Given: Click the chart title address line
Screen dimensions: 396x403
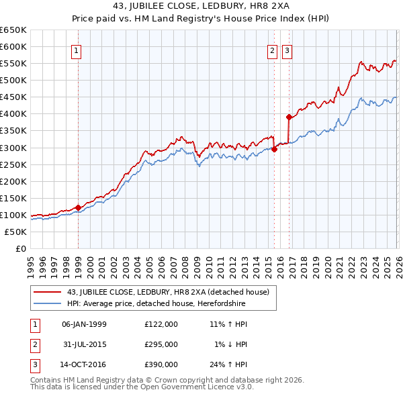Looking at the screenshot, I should pos(201,7).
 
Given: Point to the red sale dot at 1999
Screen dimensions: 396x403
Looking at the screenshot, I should pos(78,207).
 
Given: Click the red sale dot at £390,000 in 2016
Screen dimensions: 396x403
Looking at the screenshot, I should pos(289,117).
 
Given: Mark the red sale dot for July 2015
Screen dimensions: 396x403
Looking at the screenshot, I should pos(274,149).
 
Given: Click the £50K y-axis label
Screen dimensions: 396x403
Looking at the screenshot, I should pos(16,232).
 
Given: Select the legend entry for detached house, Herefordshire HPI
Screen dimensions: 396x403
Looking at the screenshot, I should pos(156,304).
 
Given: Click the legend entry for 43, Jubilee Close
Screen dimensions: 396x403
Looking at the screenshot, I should pos(168,292).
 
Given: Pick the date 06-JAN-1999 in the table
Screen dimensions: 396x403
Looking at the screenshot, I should pos(84,324).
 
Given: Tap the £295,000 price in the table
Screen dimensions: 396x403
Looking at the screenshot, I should pos(161,344).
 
